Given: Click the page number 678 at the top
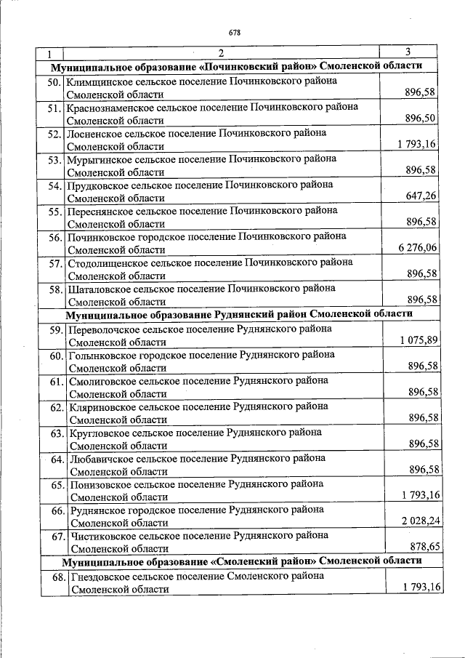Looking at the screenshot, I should (x=234, y=33).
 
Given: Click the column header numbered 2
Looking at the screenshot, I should (x=221, y=53).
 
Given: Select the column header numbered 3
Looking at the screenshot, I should (x=408, y=52).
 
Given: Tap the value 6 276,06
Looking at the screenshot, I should (x=417, y=248).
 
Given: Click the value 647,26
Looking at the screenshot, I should (x=421, y=196).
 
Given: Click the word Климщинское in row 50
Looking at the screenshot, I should (x=98, y=81).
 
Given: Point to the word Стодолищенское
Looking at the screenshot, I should (x=105, y=262).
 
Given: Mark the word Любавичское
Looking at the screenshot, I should (x=102, y=458).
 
